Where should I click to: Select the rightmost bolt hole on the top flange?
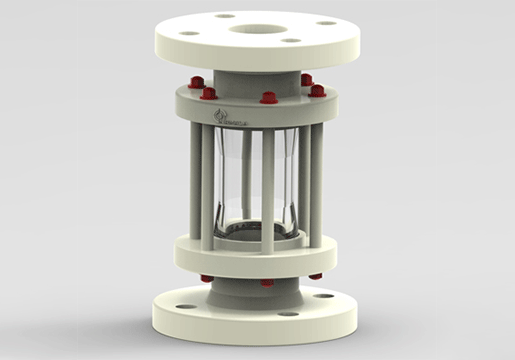click(326, 23)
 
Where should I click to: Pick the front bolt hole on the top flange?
click(290, 41)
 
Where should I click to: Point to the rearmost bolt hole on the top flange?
click(224, 16)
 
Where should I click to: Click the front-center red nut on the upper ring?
click(268, 98)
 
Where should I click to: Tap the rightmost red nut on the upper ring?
click(317, 90)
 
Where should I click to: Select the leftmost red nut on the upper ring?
click(196, 82)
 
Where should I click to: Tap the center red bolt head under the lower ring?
click(267, 283)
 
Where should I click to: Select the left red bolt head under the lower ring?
click(206, 278)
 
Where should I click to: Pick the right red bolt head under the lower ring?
click(315, 276)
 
